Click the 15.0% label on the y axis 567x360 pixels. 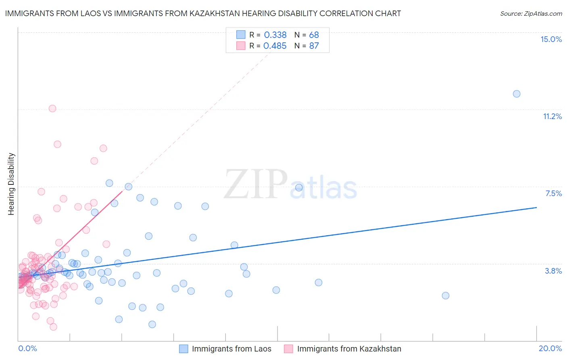(551, 39)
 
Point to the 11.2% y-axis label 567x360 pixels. (552, 116)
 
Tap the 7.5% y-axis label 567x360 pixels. (553, 193)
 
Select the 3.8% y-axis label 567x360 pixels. (553, 271)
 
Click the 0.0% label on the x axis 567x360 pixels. (27, 348)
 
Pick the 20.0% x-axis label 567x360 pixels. (550, 348)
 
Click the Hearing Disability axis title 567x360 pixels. (11, 184)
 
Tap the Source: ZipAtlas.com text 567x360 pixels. (531, 13)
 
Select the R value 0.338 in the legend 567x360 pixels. (275, 35)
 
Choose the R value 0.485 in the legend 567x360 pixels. (275, 46)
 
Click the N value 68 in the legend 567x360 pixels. (314, 35)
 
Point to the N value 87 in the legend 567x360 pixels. (314, 46)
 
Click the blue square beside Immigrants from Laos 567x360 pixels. (183, 349)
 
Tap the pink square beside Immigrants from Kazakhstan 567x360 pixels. (288, 349)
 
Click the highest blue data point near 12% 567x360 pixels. (517, 94)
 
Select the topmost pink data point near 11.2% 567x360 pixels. (52, 109)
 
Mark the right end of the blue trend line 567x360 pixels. (536, 207)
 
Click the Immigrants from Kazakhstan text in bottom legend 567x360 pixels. (349, 349)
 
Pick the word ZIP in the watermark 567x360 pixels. (256, 184)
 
